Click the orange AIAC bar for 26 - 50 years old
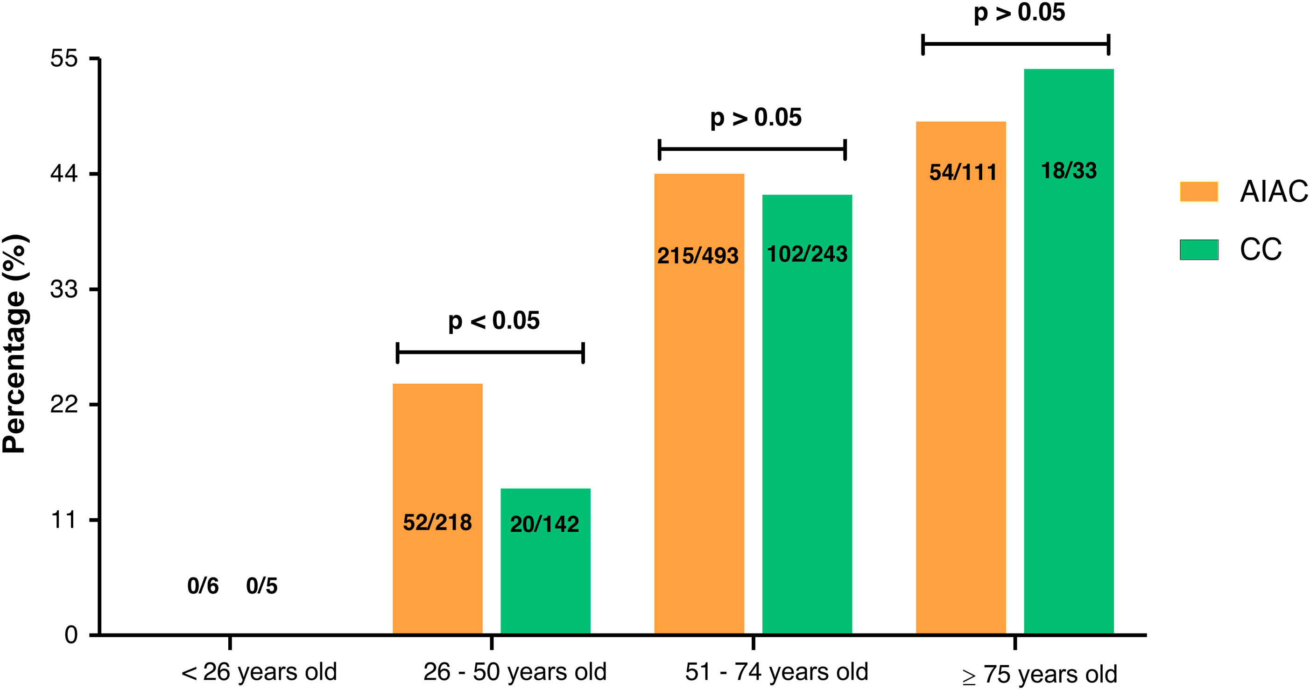click(437, 508)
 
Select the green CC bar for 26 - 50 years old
click(545, 561)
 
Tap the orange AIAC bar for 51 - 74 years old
click(699, 404)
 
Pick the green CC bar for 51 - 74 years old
click(807, 414)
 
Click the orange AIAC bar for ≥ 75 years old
click(961, 377)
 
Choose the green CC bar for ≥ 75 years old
click(1069, 352)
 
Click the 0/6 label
click(203, 586)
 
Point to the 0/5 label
click(262, 586)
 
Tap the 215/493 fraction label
click(697, 255)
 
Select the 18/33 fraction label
click(1069, 170)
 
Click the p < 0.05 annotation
click(494, 321)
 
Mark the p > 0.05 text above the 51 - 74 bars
click(756, 118)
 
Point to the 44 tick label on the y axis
click(64, 174)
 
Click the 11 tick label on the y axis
click(64, 520)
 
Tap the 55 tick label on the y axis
click(64, 58)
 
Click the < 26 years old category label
click(259, 672)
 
